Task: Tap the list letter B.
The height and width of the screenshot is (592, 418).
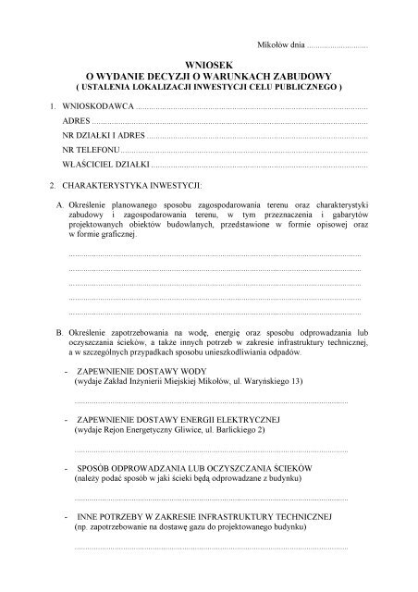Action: pyautogui.click(x=58, y=330)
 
